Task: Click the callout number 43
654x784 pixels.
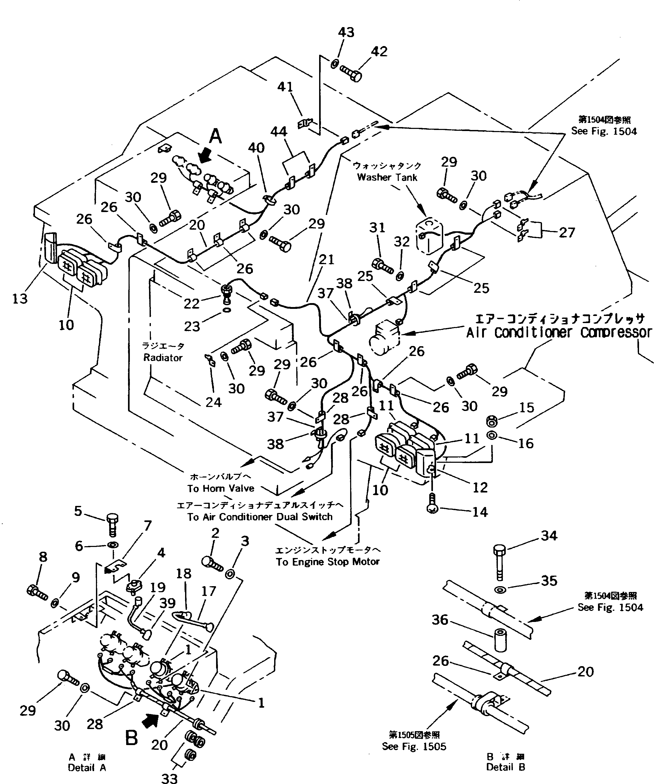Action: click(x=346, y=32)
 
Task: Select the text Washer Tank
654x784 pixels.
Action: click(x=387, y=177)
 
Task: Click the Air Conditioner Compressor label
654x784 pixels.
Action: click(x=559, y=332)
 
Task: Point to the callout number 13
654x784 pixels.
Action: click(x=20, y=298)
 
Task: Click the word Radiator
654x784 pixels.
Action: click(x=163, y=358)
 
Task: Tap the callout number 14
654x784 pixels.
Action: click(x=480, y=512)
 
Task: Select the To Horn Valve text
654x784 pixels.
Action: click(x=221, y=488)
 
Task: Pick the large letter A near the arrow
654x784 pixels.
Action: click(x=215, y=136)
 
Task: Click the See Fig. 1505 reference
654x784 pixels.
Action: click(x=414, y=746)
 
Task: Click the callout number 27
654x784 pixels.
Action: click(x=567, y=233)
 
